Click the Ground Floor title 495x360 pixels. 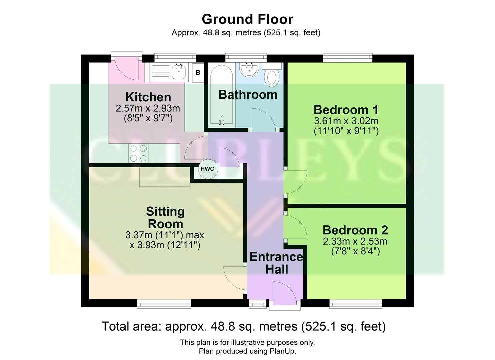coord(247,19)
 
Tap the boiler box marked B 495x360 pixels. coord(198,72)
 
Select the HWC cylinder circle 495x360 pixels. coord(207,169)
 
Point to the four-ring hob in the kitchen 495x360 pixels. coord(139,153)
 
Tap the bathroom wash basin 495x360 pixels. coord(249,69)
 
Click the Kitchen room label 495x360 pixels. coord(148,97)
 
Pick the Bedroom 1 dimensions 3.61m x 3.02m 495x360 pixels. coord(346,121)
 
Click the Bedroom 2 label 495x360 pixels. coord(355,230)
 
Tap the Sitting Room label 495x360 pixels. coord(165,217)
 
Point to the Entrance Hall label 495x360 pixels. coord(276,263)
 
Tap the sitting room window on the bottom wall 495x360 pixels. coord(164,303)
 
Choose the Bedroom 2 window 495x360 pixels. coord(356,303)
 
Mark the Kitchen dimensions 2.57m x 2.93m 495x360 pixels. coord(148,108)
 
